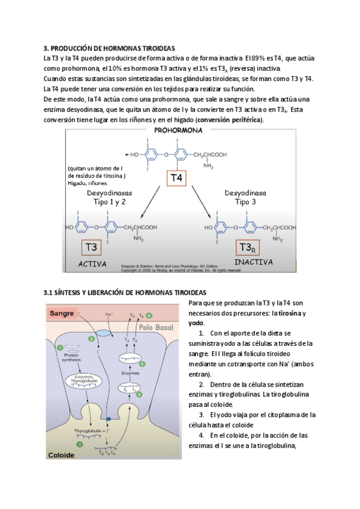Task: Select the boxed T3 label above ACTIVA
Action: [x=92, y=247]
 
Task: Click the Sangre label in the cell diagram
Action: [x=62, y=313]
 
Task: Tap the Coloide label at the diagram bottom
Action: [x=62, y=456]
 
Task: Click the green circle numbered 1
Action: [x=60, y=348]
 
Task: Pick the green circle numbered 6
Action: [x=149, y=315]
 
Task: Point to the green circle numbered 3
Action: [x=80, y=444]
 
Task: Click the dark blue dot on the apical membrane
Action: [x=109, y=418]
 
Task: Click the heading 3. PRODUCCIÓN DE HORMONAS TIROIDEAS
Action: [x=109, y=47]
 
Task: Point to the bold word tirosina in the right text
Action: [x=290, y=313]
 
